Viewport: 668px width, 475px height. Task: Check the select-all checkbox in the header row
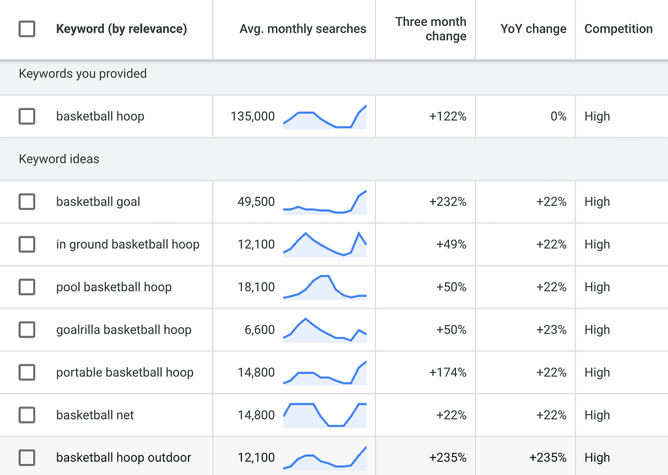[x=27, y=29]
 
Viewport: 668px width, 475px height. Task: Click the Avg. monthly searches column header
[x=303, y=29]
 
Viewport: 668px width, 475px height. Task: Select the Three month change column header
[x=431, y=29]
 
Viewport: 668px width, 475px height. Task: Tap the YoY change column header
[x=533, y=29]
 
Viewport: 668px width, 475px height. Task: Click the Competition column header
[x=618, y=29]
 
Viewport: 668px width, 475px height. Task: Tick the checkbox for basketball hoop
[x=27, y=117]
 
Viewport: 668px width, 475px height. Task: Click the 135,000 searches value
[x=252, y=117]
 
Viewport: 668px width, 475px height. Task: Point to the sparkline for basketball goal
[x=325, y=202]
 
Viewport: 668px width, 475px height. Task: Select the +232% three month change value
[x=448, y=202]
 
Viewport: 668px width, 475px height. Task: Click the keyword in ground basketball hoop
[x=128, y=244]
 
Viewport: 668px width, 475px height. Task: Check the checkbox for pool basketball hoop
[x=27, y=287]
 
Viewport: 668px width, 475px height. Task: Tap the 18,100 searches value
[x=256, y=287]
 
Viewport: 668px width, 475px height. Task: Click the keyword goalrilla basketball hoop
[x=124, y=330]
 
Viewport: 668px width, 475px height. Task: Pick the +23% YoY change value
[x=551, y=330]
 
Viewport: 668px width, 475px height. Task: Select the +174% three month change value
[x=448, y=373]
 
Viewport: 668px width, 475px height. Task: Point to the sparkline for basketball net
[x=325, y=415]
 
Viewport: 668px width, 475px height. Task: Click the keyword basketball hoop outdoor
[x=124, y=457]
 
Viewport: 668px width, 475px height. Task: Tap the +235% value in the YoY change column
[x=548, y=457]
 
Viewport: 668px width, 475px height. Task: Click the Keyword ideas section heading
[x=59, y=159]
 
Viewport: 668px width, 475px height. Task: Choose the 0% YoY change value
[x=558, y=117]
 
